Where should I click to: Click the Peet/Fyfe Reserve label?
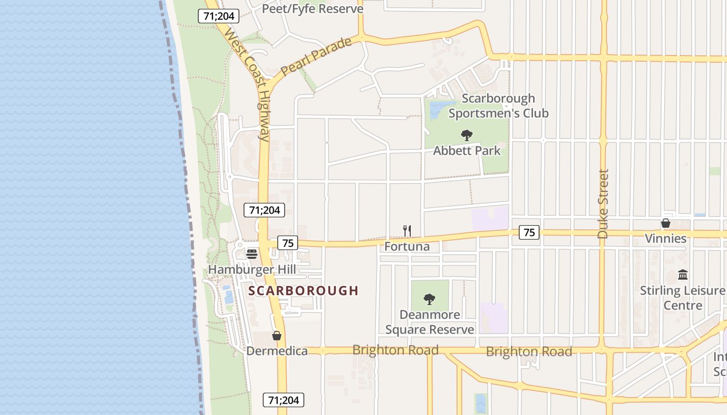[313, 9]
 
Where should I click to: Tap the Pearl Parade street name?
[316, 57]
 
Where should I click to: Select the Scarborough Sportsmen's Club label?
[498, 106]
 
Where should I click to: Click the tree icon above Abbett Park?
[467, 135]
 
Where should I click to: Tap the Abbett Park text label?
[467, 151]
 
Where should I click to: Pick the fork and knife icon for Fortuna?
[407, 231]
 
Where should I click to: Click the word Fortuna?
[407, 246]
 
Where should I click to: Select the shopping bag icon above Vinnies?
[665, 223]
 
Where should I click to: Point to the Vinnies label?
[665, 239]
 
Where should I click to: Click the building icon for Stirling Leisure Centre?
[683, 274]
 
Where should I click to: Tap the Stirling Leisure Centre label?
[683, 298]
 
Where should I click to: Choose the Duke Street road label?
[603, 204]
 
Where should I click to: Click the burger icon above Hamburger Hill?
[252, 254]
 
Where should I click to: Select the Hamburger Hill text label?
[252, 270]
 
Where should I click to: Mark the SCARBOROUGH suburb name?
[304, 290]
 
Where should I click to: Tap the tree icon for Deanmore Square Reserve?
[429, 299]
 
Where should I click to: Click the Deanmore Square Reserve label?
[429, 322]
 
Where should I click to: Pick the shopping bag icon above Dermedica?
[277, 336]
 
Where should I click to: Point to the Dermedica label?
[277, 351]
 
